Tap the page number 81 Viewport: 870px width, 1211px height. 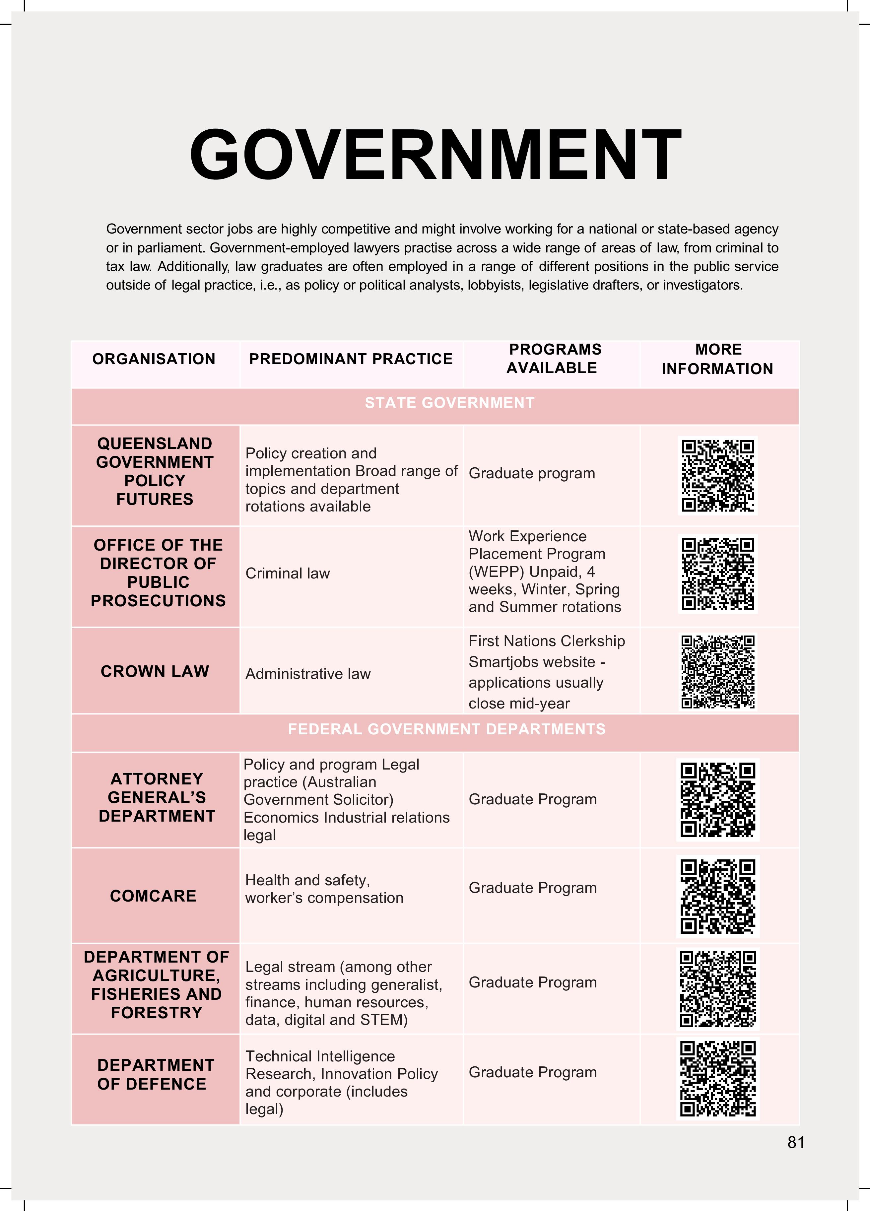[795, 1142]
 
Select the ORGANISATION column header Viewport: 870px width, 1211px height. [154, 359]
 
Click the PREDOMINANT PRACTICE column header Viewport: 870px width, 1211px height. [351, 359]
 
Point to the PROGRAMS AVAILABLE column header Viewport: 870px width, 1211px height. [553, 359]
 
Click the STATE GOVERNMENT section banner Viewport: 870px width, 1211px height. [449, 403]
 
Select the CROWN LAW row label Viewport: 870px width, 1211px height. [155, 671]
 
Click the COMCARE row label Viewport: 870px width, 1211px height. [153, 896]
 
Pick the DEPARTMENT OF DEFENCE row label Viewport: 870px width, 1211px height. [155, 1074]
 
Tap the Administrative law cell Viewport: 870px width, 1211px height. [307, 674]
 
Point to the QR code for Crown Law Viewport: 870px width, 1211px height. [718, 672]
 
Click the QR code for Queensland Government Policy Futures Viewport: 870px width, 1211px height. [718, 475]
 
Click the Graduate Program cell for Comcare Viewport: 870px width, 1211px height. [532, 888]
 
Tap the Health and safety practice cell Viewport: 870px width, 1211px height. [324, 889]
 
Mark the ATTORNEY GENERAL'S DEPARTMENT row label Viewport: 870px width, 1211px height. [157, 797]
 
